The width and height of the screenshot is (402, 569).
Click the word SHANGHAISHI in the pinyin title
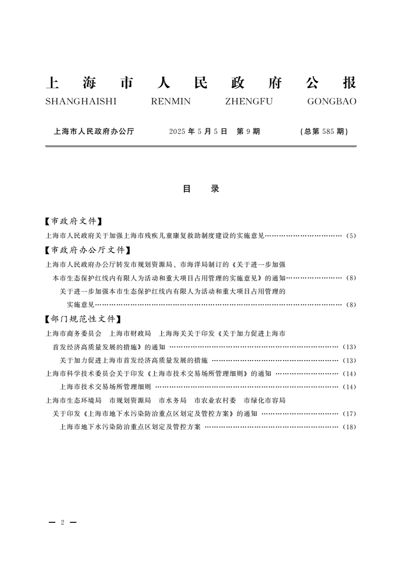point(81,101)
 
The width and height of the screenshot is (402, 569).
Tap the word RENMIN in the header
point(171,101)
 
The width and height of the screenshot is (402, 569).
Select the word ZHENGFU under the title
point(248,101)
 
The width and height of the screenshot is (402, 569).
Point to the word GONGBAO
point(332,101)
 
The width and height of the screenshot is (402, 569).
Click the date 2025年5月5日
point(197,131)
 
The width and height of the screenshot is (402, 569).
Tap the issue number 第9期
point(248,131)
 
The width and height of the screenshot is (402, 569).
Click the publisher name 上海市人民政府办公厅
point(94,131)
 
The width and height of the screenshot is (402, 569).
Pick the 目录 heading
point(201,189)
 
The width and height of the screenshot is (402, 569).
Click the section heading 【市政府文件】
point(74,222)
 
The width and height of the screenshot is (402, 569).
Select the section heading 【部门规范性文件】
point(83,319)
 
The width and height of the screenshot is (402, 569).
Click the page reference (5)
point(351,236)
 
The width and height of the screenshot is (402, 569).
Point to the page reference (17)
point(350,414)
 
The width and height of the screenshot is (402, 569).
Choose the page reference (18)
point(350,427)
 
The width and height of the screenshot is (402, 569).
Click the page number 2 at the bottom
point(62,522)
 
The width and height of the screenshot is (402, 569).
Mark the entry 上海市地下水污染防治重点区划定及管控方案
point(130,427)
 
